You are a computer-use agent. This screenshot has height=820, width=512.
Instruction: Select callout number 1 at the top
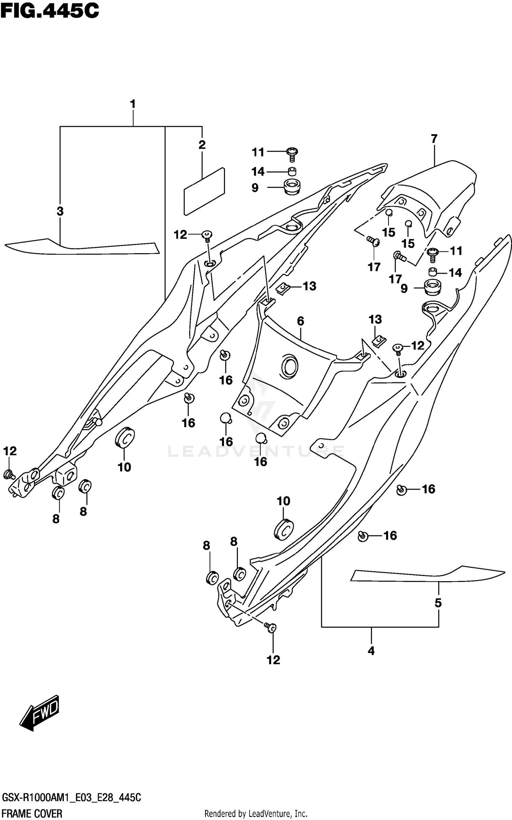pos(133,104)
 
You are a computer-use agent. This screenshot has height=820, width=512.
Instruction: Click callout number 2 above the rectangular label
pos(202,145)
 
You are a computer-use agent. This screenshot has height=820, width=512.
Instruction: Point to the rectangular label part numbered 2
pos(204,191)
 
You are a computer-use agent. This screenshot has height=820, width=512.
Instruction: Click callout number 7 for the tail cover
pos(434,139)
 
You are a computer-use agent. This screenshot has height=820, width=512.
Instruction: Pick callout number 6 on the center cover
pos(300,321)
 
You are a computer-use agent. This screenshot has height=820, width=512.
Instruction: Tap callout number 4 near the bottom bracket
pos(371,651)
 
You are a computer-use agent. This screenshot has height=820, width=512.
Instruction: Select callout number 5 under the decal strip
pos(438,603)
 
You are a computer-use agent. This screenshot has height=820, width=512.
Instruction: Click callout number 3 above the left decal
pos(60,211)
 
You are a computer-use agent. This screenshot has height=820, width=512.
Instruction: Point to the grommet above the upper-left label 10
pos(125,437)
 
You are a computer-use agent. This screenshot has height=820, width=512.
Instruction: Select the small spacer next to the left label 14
pos(291,171)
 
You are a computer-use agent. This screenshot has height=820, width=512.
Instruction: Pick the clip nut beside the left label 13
pos(282,289)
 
